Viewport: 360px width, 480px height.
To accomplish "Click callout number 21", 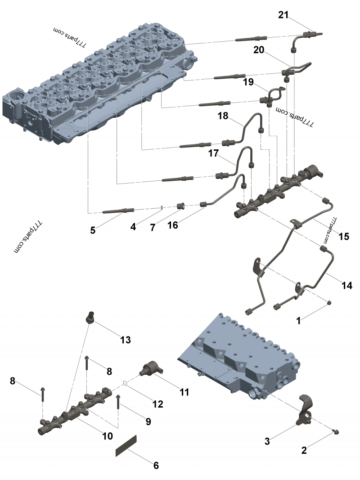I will (283, 15).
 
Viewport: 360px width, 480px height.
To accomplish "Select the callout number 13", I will (125, 340).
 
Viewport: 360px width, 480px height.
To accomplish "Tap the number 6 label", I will (156, 466).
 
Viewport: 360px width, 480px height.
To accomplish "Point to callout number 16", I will (173, 225).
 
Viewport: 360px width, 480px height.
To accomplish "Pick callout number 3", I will (267, 441).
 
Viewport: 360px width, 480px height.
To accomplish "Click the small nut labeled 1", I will (329, 302).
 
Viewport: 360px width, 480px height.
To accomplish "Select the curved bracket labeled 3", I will (306, 407).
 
